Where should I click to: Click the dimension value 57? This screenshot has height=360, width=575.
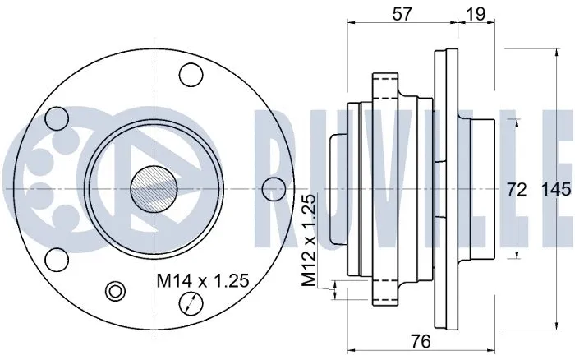401,14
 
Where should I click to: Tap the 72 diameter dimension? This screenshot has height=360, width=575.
516,190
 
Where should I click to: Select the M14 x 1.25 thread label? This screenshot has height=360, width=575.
202,281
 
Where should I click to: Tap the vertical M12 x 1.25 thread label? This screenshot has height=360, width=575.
309,241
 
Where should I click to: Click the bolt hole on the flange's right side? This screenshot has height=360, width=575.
273,189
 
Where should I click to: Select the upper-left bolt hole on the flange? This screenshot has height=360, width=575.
57,118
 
